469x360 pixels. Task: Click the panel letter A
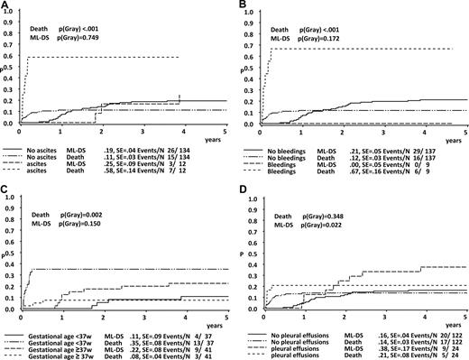[x=6, y=6]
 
